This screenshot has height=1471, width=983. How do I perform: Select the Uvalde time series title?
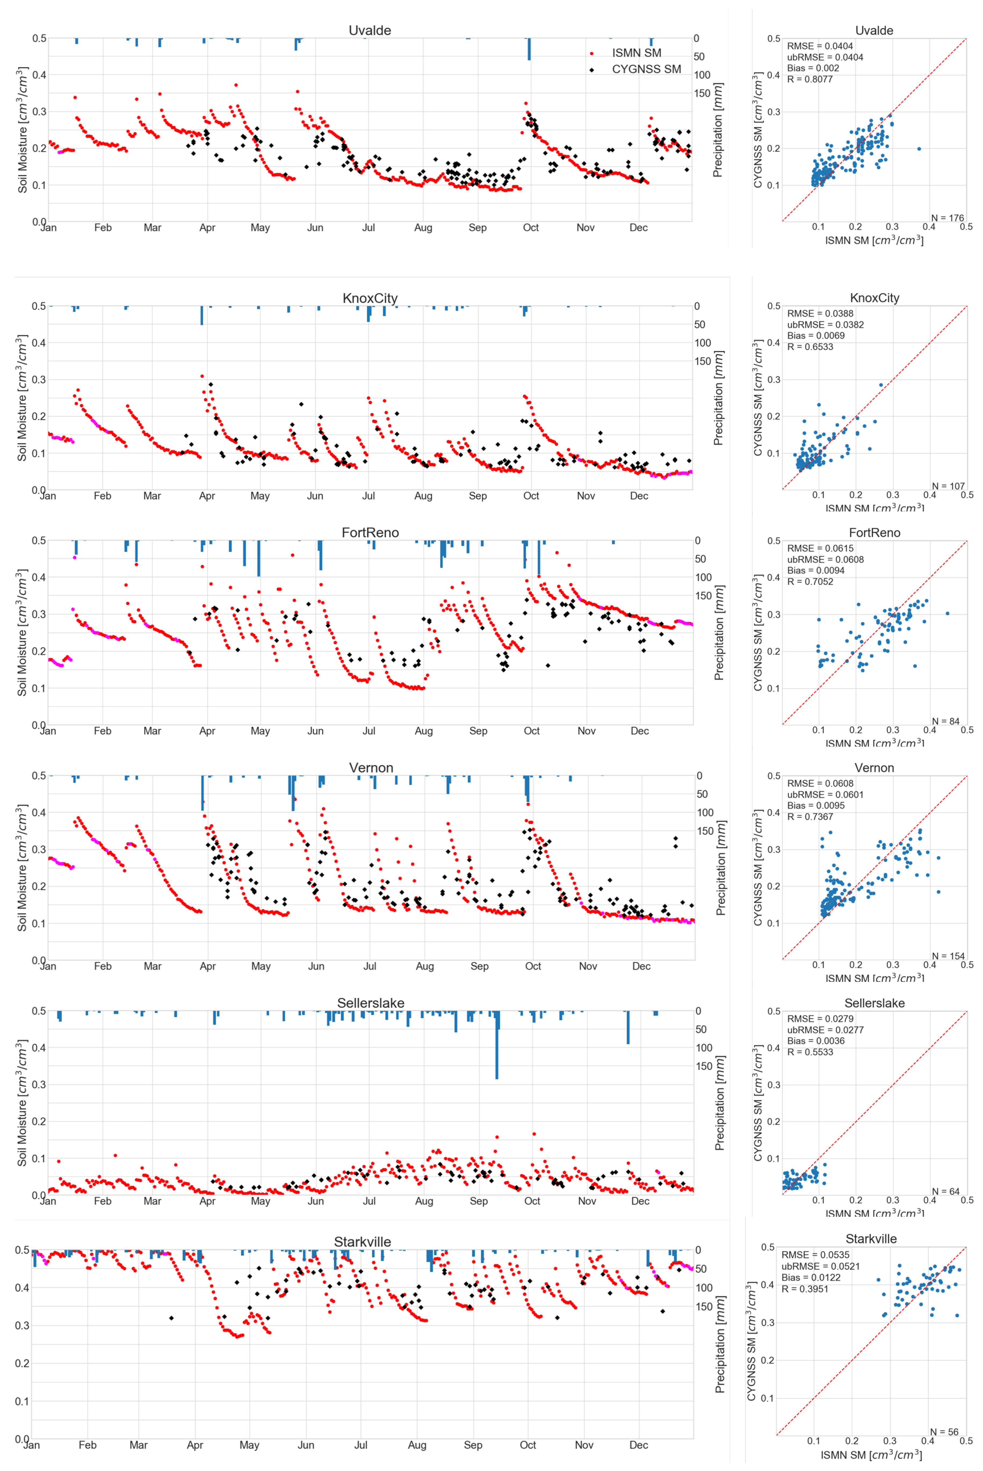click(x=370, y=30)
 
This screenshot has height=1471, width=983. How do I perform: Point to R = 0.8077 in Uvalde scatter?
click(x=810, y=79)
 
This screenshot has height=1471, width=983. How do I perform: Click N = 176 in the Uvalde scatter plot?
click(x=947, y=218)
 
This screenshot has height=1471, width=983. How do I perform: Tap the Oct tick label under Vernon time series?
click(x=533, y=966)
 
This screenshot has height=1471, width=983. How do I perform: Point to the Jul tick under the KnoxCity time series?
click(x=369, y=496)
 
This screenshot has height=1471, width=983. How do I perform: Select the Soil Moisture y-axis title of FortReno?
click(x=23, y=632)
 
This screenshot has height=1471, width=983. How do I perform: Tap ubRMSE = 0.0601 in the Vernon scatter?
click(x=825, y=794)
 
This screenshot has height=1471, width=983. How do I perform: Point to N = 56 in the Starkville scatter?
click(x=944, y=1432)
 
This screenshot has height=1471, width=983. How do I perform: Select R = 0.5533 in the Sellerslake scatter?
click(x=810, y=1052)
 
